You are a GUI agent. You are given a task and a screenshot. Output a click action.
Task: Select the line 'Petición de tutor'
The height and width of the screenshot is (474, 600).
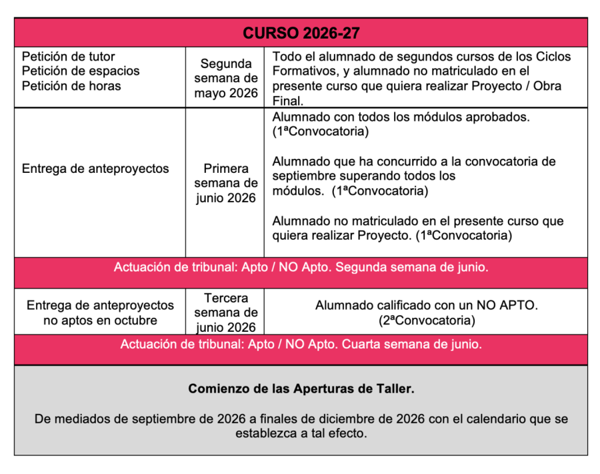68,57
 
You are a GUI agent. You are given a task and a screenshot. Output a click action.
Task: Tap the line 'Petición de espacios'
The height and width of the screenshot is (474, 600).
80,71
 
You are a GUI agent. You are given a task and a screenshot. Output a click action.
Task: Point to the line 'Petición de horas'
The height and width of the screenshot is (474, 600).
71,85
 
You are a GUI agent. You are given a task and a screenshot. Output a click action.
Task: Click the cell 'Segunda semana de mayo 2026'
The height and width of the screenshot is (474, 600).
226,78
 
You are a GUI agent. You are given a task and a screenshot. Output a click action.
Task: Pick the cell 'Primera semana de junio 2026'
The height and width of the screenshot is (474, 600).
226,183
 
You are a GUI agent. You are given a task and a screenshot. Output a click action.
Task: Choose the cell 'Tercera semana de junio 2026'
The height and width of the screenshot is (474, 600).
226,312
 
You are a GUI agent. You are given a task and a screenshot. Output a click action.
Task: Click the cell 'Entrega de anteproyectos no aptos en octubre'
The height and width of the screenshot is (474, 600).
100,312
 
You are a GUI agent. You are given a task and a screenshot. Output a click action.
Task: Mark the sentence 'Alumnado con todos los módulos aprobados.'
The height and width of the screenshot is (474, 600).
401,117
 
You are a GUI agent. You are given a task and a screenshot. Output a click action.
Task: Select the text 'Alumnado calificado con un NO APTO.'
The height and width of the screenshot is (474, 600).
426,306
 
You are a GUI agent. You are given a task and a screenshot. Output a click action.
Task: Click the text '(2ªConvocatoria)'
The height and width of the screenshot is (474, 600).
426,320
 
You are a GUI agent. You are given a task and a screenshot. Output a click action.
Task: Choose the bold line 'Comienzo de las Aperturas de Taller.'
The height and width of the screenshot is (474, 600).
301,389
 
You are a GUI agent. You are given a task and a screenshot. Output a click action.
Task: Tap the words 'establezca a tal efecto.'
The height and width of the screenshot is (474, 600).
301,433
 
